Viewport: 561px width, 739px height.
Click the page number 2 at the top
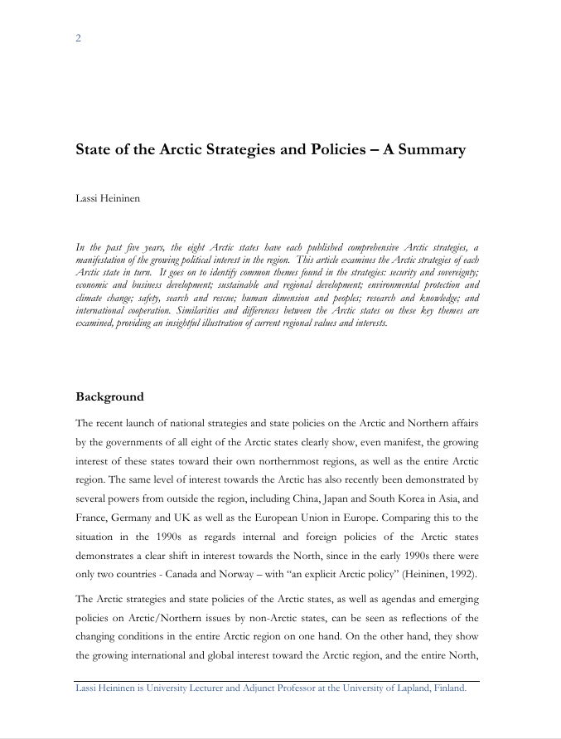[x=78, y=38]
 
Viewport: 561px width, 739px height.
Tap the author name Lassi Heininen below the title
[x=108, y=199]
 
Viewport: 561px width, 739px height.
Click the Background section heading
[x=109, y=396]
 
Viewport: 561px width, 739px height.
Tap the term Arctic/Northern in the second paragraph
[x=150, y=617]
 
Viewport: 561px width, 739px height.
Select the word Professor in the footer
[x=282, y=688]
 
